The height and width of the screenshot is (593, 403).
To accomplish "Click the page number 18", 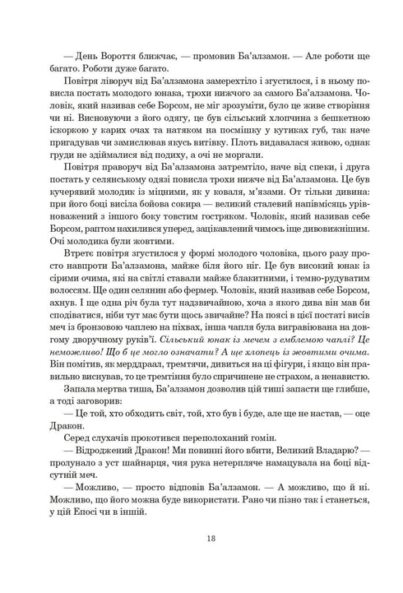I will coord(201,538).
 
